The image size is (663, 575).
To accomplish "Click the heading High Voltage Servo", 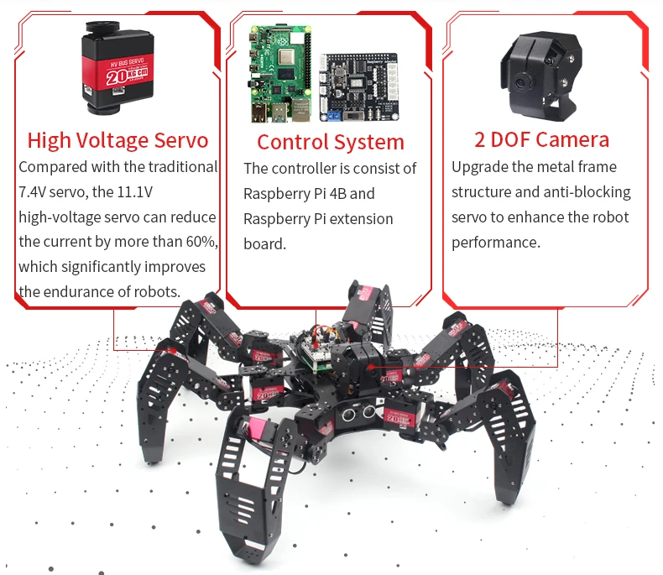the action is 118,140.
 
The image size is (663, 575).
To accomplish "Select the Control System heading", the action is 331,142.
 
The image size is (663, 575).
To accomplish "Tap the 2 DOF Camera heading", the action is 541,139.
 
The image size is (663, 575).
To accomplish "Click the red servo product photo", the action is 118,68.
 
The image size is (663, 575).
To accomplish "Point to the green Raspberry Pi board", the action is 281,73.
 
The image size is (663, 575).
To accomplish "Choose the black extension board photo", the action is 359,87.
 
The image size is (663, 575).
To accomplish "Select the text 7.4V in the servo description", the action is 32,192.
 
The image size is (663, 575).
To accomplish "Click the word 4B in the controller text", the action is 337,194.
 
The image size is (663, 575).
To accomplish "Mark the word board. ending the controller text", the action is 264,244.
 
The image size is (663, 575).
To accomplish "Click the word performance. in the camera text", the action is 496,243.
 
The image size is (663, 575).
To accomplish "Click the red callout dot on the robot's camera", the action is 371,367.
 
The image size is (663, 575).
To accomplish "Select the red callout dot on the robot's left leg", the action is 173,351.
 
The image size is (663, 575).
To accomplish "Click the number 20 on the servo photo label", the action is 116,77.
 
